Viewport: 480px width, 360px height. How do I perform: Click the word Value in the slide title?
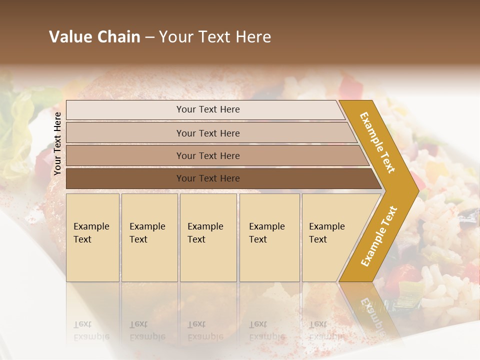[69, 37]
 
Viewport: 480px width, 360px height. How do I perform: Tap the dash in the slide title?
[149, 37]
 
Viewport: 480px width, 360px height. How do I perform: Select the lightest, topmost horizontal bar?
[205, 109]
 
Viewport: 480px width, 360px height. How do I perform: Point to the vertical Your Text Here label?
[57, 143]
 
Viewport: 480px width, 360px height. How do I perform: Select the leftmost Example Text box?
[92, 237]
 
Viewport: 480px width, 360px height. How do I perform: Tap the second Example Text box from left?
[149, 237]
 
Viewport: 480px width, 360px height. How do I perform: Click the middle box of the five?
[208, 237]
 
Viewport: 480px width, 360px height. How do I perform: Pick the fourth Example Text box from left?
[269, 237]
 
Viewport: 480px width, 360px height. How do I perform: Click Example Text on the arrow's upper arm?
[377, 142]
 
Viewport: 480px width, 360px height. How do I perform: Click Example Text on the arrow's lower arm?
[379, 236]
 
